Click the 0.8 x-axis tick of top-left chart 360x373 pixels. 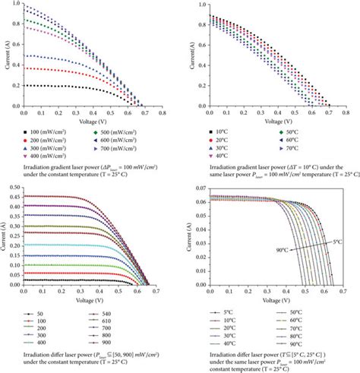[x=162, y=112]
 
